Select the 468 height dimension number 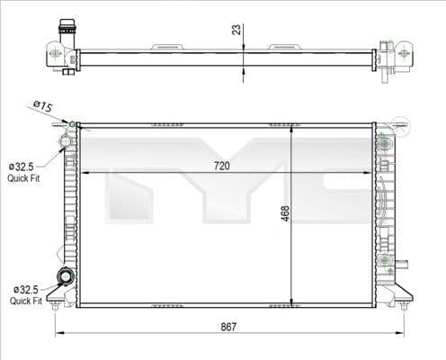point(285,213)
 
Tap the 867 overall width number point(228,326)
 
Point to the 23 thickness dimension point(236,29)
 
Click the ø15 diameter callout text point(41,106)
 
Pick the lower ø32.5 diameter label point(25,289)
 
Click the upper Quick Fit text point(22,178)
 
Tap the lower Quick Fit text point(25,301)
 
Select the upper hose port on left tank point(66,141)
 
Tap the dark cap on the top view point(66,27)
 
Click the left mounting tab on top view point(166,46)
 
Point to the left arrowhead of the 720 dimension point(84,172)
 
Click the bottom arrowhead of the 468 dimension point(291,301)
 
